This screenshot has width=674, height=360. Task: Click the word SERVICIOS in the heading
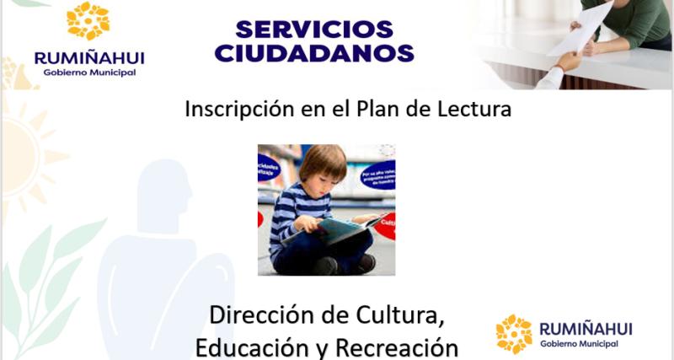[x=314, y=29]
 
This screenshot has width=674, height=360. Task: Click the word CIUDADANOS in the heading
[x=314, y=54]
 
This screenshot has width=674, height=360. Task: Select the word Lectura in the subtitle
[x=474, y=109]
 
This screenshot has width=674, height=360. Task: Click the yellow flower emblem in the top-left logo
[x=88, y=21]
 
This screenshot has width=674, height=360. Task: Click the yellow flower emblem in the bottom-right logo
[x=514, y=333]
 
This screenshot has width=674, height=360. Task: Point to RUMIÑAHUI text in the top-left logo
[x=88, y=57]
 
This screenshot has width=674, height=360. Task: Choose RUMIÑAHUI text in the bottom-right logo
[x=584, y=328]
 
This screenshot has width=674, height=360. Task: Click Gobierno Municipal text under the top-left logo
[x=88, y=73]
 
